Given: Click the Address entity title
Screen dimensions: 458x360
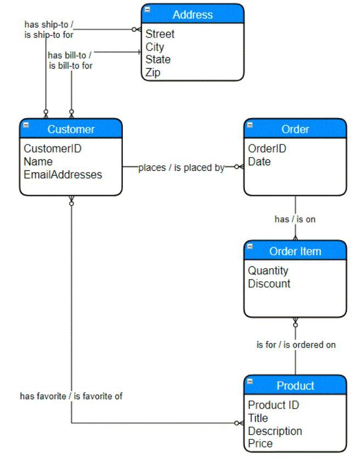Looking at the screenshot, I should [x=193, y=14].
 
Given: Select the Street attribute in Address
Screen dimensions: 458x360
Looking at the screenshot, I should [x=160, y=34].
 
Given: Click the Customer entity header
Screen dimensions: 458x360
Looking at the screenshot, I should [x=71, y=130].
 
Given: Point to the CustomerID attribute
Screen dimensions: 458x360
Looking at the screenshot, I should [x=52, y=148].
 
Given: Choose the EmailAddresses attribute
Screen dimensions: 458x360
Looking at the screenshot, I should [x=63, y=175].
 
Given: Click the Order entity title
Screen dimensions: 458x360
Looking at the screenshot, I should [x=295, y=130].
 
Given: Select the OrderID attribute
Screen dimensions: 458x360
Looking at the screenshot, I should [x=267, y=148].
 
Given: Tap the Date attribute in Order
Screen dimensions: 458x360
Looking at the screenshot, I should [x=259, y=161].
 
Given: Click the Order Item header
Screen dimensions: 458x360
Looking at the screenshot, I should [x=295, y=252].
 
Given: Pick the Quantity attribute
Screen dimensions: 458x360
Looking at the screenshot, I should [x=268, y=271].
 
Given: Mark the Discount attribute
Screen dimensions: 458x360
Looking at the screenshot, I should [x=269, y=284].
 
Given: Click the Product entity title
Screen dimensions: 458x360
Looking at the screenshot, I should [x=295, y=386].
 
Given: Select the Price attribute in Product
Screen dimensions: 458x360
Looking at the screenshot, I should [x=260, y=443].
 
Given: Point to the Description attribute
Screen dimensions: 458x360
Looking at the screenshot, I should [x=275, y=431].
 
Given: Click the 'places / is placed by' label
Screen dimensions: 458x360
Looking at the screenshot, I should [x=182, y=167].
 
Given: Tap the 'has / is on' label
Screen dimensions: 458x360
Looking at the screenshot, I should [x=295, y=219].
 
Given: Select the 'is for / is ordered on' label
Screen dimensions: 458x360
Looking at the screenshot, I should [x=296, y=345].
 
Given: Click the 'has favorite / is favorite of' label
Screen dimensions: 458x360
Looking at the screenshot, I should [x=71, y=396].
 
